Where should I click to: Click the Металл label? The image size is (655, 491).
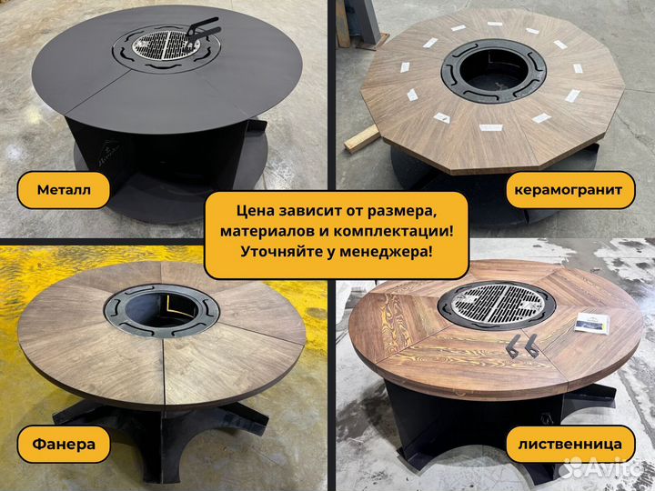click(64, 190)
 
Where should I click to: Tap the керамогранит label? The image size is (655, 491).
click(568, 190)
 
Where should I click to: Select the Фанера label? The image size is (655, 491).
click(64, 445)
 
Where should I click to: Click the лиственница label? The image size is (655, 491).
click(569, 445)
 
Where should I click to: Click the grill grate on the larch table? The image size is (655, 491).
click(497, 303)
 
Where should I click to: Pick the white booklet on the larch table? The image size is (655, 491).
click(592, 323)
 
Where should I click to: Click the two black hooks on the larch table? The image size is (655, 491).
click(522, 346)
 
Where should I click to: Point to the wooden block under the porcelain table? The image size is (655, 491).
click(362, 139)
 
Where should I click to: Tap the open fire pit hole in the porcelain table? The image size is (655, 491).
click(494, 72)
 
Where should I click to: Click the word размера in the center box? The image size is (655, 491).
click(402, 212)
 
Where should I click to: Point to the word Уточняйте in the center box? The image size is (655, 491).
click(282, 252)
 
